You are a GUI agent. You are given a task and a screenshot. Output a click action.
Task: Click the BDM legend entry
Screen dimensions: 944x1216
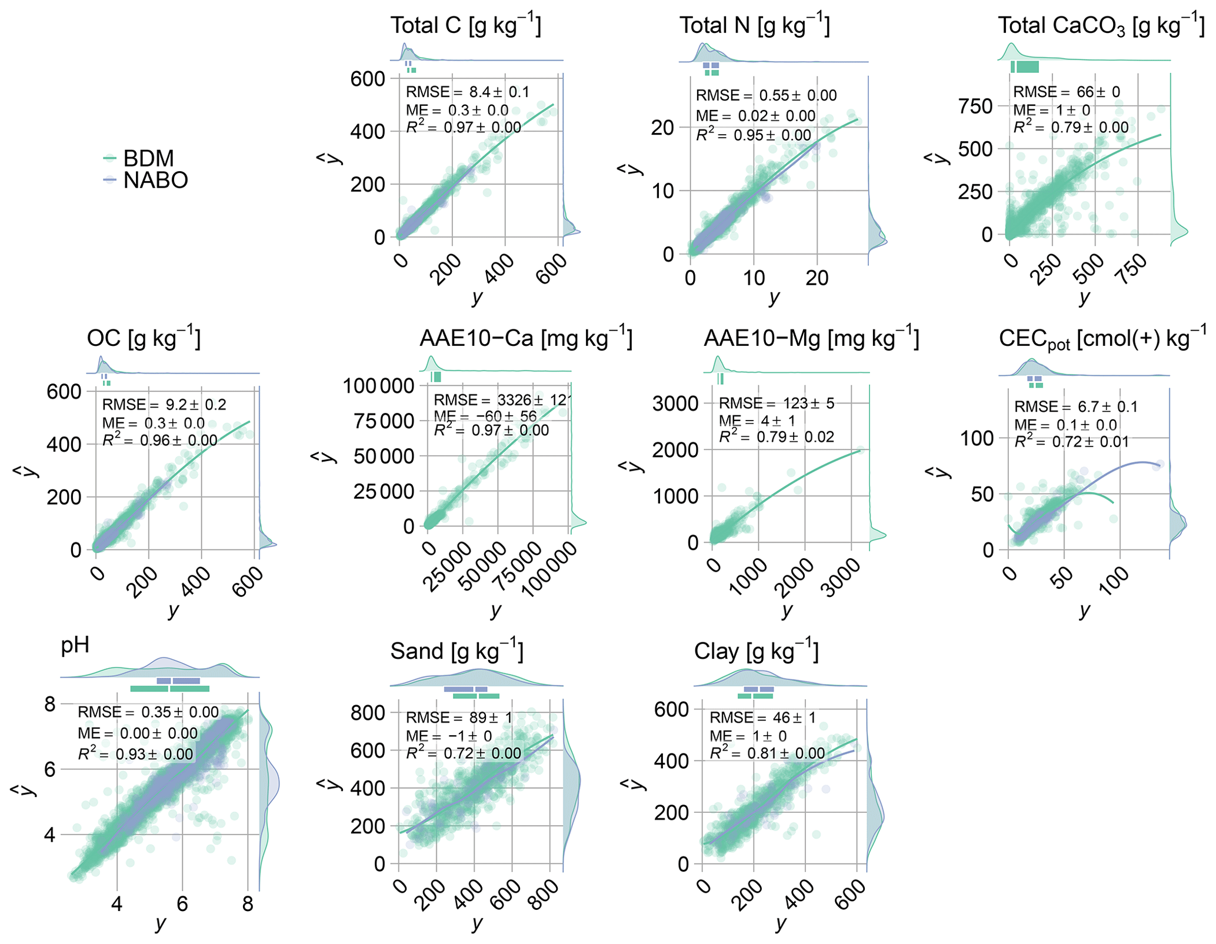[148, 158]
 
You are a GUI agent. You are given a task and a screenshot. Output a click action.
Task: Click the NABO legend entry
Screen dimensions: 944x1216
[155, 180]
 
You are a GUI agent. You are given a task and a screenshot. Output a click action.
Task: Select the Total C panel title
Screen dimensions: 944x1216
[465, 25]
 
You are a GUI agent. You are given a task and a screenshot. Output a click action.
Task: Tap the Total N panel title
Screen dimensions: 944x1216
[754, 25]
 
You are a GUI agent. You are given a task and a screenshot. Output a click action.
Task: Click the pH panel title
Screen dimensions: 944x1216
[75, 645]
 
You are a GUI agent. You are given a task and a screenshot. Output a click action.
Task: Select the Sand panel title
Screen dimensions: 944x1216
[457, 651]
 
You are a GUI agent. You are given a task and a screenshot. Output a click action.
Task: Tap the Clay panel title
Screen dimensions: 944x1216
[756, 651]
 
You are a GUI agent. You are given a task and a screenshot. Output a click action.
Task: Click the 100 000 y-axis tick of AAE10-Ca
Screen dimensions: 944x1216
[378, 386]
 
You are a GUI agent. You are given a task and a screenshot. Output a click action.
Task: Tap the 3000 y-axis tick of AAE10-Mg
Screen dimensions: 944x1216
[675, 403]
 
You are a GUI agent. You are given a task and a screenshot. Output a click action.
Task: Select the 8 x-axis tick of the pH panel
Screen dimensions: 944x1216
[248, 903]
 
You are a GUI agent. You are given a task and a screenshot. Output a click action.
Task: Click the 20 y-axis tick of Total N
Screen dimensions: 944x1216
[662, 127]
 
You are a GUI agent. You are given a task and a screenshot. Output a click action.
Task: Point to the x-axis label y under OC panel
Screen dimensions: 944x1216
[173, 611]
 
